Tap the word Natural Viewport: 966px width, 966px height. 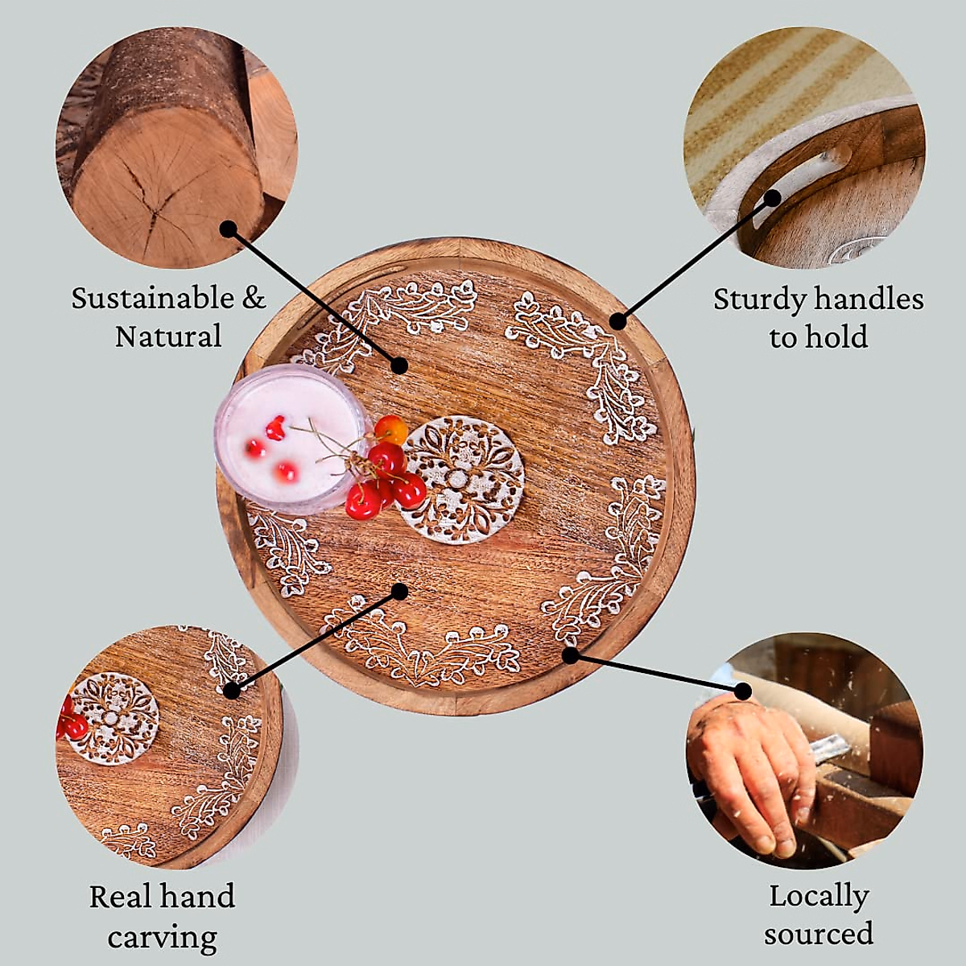coord(168,336)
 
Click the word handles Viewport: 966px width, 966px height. coord(868,299)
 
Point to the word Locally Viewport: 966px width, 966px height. coord(819,897)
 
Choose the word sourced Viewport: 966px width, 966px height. coord(819,934)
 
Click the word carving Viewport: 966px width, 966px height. coord(162,937)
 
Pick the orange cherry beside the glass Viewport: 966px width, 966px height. coord(392,430)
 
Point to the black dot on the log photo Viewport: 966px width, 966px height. coord(229,229)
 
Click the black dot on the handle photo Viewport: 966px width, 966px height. coord(773,196)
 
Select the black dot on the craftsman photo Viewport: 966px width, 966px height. coord(742,691)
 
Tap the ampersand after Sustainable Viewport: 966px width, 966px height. coord(254,299)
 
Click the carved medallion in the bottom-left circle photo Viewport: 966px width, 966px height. coord(114,716)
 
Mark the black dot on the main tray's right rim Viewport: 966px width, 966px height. coord(617,321)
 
